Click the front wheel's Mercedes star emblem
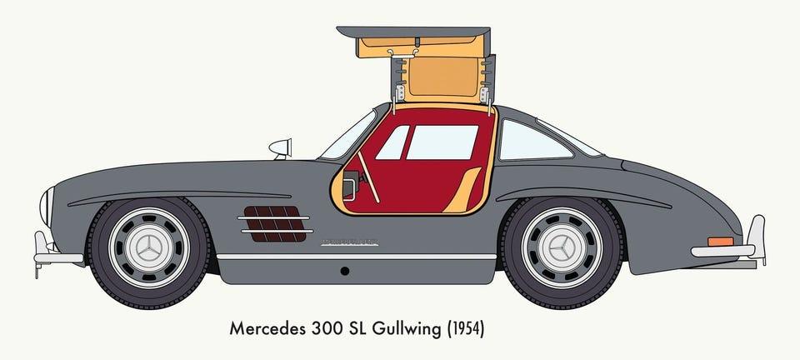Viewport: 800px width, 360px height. click(150, 247)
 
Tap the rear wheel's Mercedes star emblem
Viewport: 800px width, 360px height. click(562, 247)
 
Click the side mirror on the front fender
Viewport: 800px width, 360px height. click(282, 148)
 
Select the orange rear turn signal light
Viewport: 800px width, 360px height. click(721, 242)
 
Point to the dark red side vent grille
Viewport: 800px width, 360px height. click(274, 224)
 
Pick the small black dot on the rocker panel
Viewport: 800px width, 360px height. click(344, 271)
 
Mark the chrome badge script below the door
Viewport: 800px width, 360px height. click(350, 242)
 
